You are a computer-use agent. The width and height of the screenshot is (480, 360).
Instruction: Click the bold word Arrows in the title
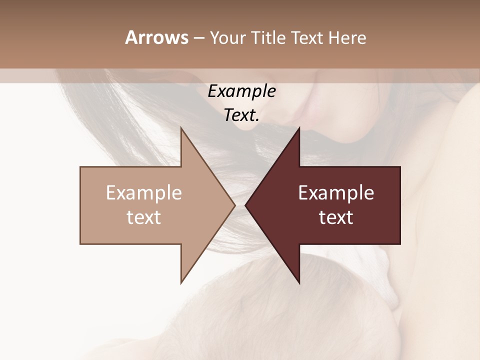[156, 37]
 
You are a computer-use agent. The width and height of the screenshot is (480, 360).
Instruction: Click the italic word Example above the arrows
[241, 91]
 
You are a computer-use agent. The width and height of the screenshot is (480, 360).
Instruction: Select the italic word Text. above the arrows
[241, 115]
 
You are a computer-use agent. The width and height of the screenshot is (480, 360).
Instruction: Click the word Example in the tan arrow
[144, 193]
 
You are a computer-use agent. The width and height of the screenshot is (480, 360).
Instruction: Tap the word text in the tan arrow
[144, 217]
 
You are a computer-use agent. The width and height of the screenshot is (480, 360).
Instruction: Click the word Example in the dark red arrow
[336, 193]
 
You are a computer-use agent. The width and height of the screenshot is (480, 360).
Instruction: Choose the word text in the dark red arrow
[336, 217]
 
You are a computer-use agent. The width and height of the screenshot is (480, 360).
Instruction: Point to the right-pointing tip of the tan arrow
[234, 205]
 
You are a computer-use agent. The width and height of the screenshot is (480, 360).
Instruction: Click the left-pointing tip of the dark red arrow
[245, 205]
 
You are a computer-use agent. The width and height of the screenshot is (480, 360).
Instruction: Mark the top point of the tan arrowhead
[181, 128]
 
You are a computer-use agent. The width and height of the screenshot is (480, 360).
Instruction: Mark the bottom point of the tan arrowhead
[181, 282]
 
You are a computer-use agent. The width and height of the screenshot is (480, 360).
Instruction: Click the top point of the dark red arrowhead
[299, 128]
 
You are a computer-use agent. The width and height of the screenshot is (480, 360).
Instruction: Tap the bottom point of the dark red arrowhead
[299, 282]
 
